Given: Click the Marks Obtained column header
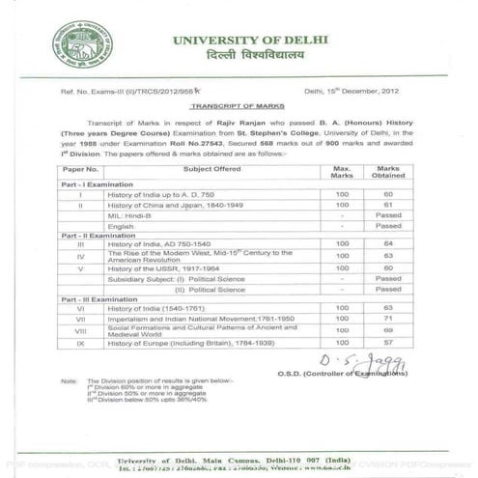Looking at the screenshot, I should pos(388,171).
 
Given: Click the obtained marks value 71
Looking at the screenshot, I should pos(388,318).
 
